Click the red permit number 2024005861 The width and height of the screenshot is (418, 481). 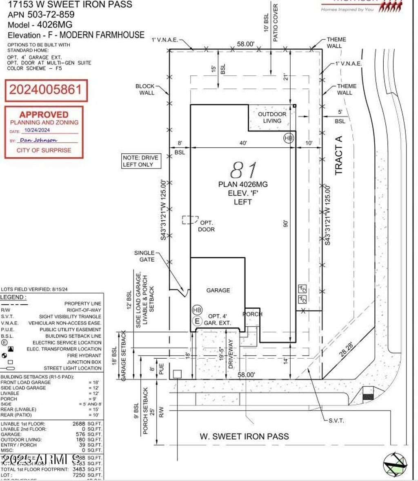point(46,90)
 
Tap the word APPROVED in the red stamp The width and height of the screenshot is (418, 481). point(44,115)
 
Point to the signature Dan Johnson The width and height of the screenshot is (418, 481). point(39,140)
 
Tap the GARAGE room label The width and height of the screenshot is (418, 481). point(218,290)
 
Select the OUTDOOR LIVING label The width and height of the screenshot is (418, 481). point(272,117)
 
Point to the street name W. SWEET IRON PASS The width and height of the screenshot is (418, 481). point(244,436)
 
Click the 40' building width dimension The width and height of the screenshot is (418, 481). point(243,143)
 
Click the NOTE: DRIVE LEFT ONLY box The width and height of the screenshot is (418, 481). point(140,161)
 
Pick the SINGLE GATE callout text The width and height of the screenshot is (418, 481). point(145,256)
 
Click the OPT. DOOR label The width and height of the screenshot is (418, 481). point(207,226)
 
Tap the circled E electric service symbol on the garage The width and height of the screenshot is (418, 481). point(198,321)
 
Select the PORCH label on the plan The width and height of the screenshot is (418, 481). point(252,314)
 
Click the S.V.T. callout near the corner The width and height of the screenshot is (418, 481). point(336,420)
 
